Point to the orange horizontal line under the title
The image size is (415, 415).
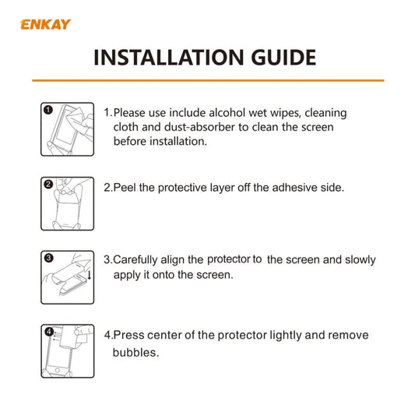click(207, 79)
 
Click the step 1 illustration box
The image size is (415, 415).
click(67, 128)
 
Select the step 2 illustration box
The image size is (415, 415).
click(67, 204)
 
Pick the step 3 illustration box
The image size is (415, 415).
click(67, 277)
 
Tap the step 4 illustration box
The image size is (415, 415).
click(67, 351)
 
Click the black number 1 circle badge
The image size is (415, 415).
click(48, 110)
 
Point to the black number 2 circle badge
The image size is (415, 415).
click(48, 185)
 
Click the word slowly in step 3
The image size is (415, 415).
click(357, 259)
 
